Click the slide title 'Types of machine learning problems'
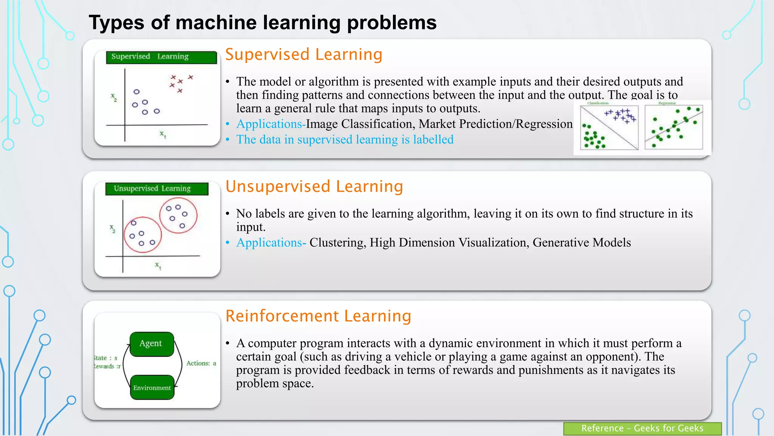(x=262, y=23)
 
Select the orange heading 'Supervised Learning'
(x=304, y=54)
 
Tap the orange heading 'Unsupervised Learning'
(x=314, y=187)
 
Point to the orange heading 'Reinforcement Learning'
(x=318, y=316)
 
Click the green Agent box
(x=152, y=344)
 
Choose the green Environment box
(x=152, y=388)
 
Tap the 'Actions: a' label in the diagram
(x=201, y=363)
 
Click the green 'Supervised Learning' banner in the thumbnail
(x=161, y=57)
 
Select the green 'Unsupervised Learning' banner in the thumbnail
(x=156, y=188)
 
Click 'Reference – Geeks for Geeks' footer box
(x=642, y=428)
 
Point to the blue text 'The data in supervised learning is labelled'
(x=345, y=140)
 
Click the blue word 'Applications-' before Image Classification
(x=271, y=124)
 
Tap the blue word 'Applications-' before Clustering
(x=271, y=243)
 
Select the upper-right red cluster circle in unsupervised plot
(x=178, y=216)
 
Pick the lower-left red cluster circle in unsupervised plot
(x=143, y=235)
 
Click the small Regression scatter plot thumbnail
(x=673, y=127)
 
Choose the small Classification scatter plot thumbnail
(x=609, y=127)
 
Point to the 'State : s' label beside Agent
(x=106, y=358)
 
